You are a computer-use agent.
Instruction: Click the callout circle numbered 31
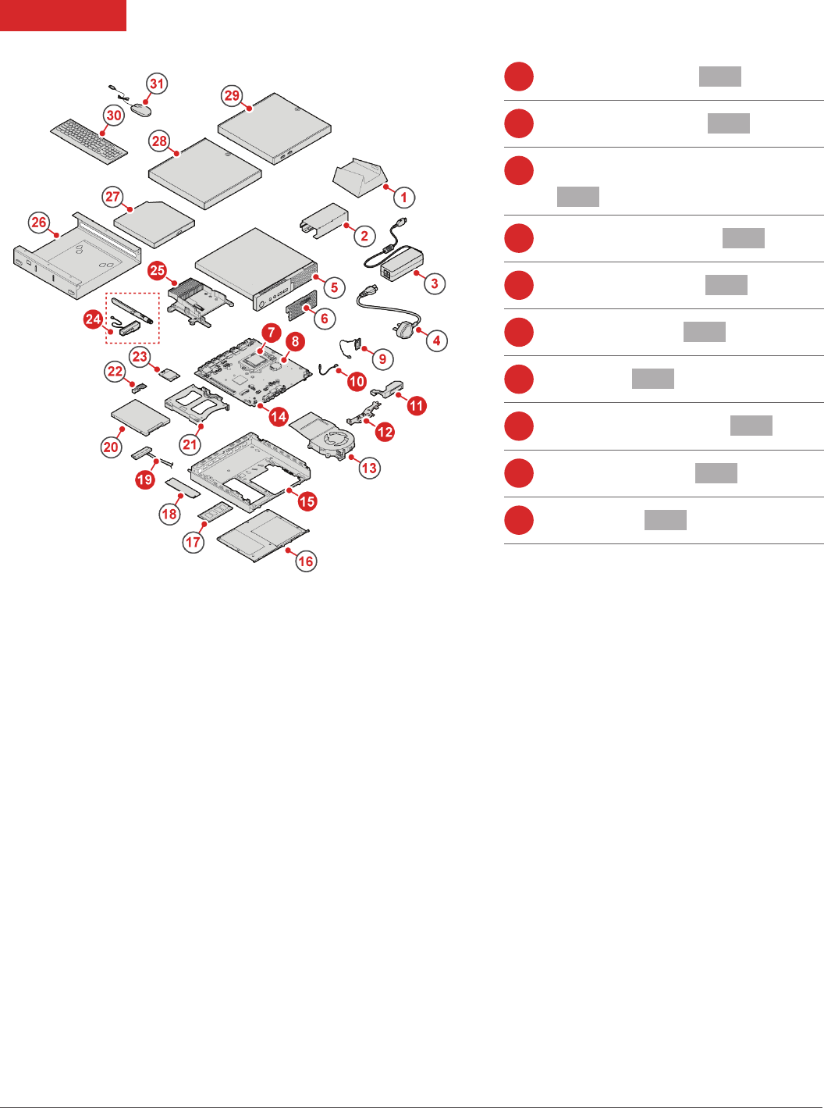pyautogui.click(x=157, y=84)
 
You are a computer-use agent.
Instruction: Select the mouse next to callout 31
pyautogui.click(x=140, y=110)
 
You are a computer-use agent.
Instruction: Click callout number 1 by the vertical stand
pyautogui.click(x=403, y=197)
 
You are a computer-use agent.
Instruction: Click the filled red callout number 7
pyautogui.click(x=271, y=333)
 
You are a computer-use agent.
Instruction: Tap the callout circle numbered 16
pyautogui.click(x=306, y=561)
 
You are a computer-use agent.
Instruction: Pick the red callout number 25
pyautogui.click(x=157, y=270)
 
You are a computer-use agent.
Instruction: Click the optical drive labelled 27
pyautogui.click(x=154, y=221)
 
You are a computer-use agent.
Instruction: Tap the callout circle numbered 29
pyautogui.click(x=232, y=95)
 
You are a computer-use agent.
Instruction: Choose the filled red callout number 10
pyautogui.click(x=357, y=381)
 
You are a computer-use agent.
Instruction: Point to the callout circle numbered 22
pyautogui.click(x=115, y=371)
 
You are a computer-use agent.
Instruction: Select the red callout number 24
pyautogui.click(x=93, y=319)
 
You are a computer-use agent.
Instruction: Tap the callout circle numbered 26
pyautogui.click(x=39, y=223)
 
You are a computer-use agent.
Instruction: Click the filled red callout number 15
pyautogui.click(x=307, y=501)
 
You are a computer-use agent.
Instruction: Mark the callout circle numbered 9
pyautogui.click(x=382, y=359)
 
